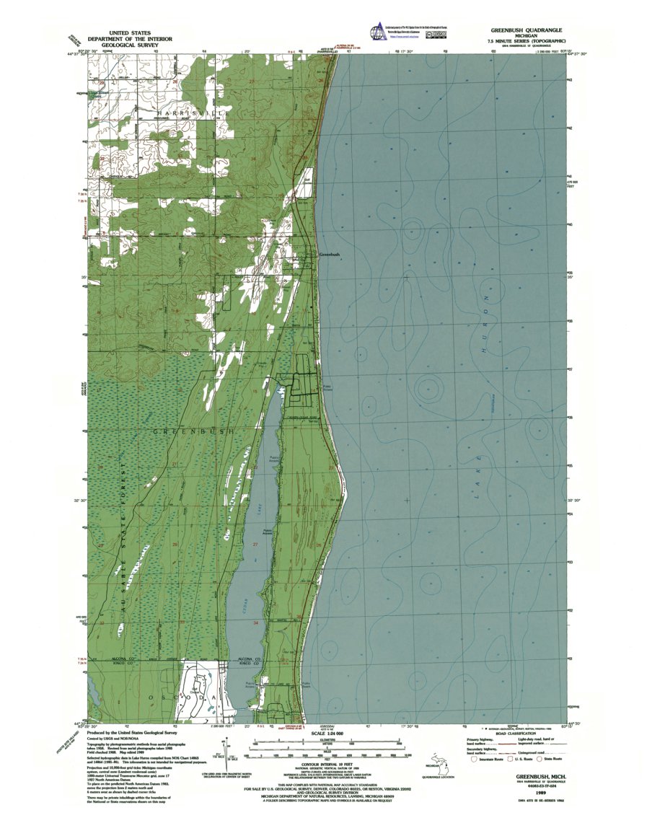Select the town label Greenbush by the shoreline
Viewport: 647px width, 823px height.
click(330, 255)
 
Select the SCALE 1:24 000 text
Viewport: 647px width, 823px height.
click(322, 734)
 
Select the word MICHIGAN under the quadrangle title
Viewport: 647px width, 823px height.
click(524, 38)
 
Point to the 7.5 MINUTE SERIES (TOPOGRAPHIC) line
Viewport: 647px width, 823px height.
click(524, 43)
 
